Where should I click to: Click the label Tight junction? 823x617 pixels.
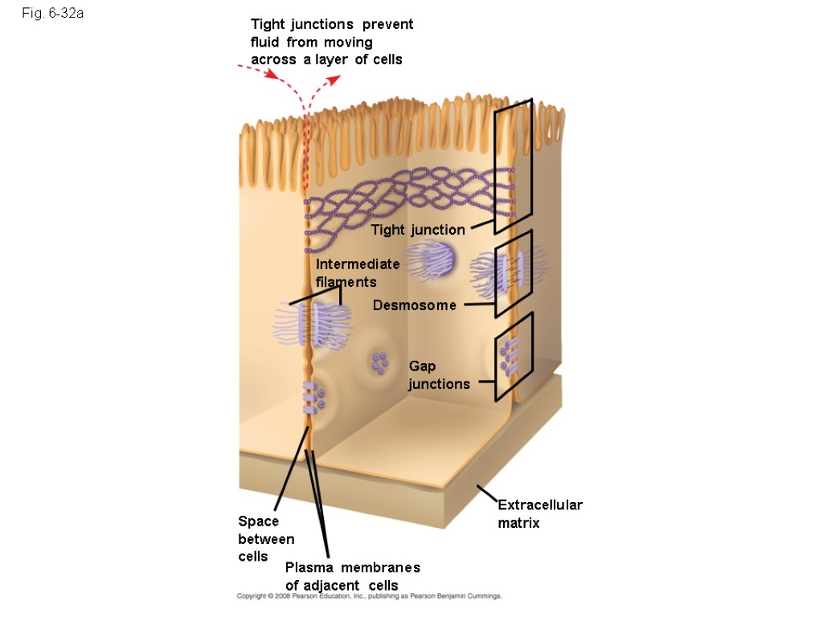pos(418,231)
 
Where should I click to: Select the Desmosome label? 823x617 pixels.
pos(415,305)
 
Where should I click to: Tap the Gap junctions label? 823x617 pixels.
pos(439,375)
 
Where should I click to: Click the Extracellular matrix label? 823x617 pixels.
pos(539,514)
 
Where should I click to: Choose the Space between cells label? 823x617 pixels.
pos(265,538)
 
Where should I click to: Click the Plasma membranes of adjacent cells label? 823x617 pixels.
pos(352,576)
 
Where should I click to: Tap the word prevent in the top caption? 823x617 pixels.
pos(383,24)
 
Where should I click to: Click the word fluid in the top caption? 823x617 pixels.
pos(265,42)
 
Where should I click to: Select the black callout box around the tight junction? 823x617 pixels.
pos(514,166)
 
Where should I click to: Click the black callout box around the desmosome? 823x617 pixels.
pos(514,274)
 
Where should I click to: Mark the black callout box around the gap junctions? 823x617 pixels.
pos(514,356)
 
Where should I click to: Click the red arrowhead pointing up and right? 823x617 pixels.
pos(334,79)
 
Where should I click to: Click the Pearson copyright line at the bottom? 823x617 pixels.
pos(369,597)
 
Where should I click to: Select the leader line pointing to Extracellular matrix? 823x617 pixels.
pos(488,493)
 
